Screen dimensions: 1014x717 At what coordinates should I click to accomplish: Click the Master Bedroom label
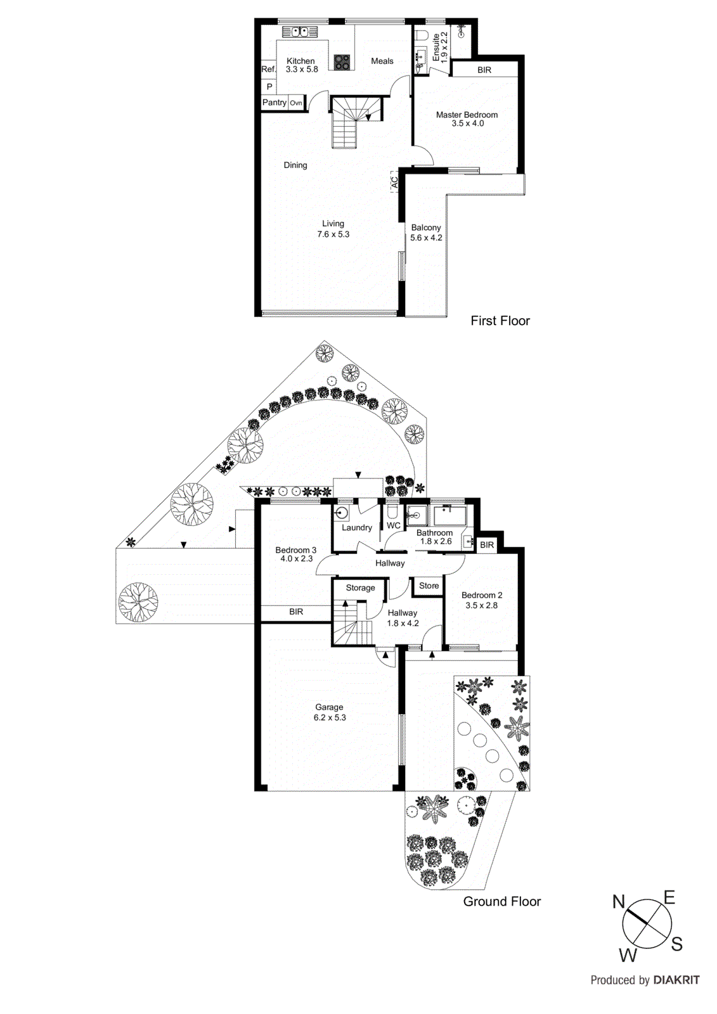467,115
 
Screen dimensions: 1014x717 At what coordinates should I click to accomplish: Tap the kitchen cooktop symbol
342,61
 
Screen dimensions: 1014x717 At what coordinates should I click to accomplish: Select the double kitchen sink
295,30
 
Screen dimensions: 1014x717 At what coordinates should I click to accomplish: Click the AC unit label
394,183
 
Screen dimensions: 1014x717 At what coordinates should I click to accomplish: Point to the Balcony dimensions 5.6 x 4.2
426,238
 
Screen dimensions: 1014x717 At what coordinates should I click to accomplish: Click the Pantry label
275,102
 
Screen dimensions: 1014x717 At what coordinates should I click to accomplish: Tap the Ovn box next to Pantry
296,103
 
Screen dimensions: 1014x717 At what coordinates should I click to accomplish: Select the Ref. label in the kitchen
268,69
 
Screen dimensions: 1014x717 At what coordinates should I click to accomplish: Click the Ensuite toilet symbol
422,35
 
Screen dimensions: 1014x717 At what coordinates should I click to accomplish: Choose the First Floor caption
500,321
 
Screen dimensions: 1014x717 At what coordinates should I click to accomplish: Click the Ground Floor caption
501,901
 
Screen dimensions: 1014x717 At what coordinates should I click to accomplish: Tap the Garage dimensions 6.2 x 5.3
330,717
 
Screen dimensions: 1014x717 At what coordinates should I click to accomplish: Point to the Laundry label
356,527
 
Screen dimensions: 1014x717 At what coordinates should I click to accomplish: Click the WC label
393,525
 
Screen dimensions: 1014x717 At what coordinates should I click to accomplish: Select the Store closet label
429,586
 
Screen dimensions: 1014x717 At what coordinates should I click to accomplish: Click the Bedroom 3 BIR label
295,612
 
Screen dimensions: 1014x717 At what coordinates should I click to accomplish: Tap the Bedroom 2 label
481,595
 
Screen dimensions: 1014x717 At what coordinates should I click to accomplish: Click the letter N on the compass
619,902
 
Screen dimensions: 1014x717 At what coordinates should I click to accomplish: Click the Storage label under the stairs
360,587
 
